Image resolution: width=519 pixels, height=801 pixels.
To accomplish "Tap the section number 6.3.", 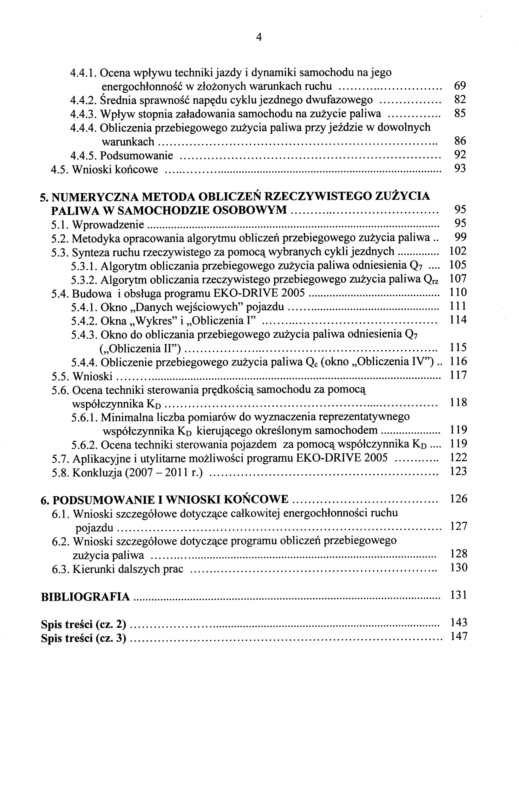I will click(x=61, y=569).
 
